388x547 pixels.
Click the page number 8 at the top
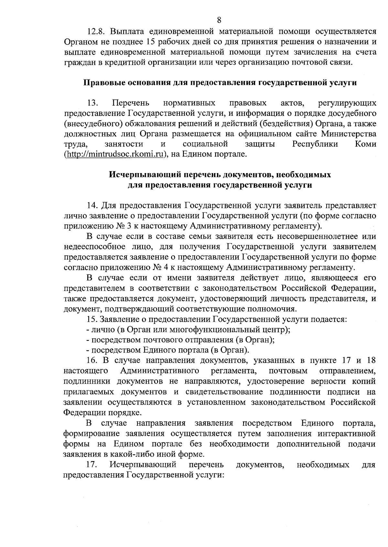tap(219, 20)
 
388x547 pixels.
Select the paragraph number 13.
tap(92, 103)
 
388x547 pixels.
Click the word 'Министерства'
tap(349, 134)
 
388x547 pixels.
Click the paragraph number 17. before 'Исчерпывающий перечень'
tap(92, 465)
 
